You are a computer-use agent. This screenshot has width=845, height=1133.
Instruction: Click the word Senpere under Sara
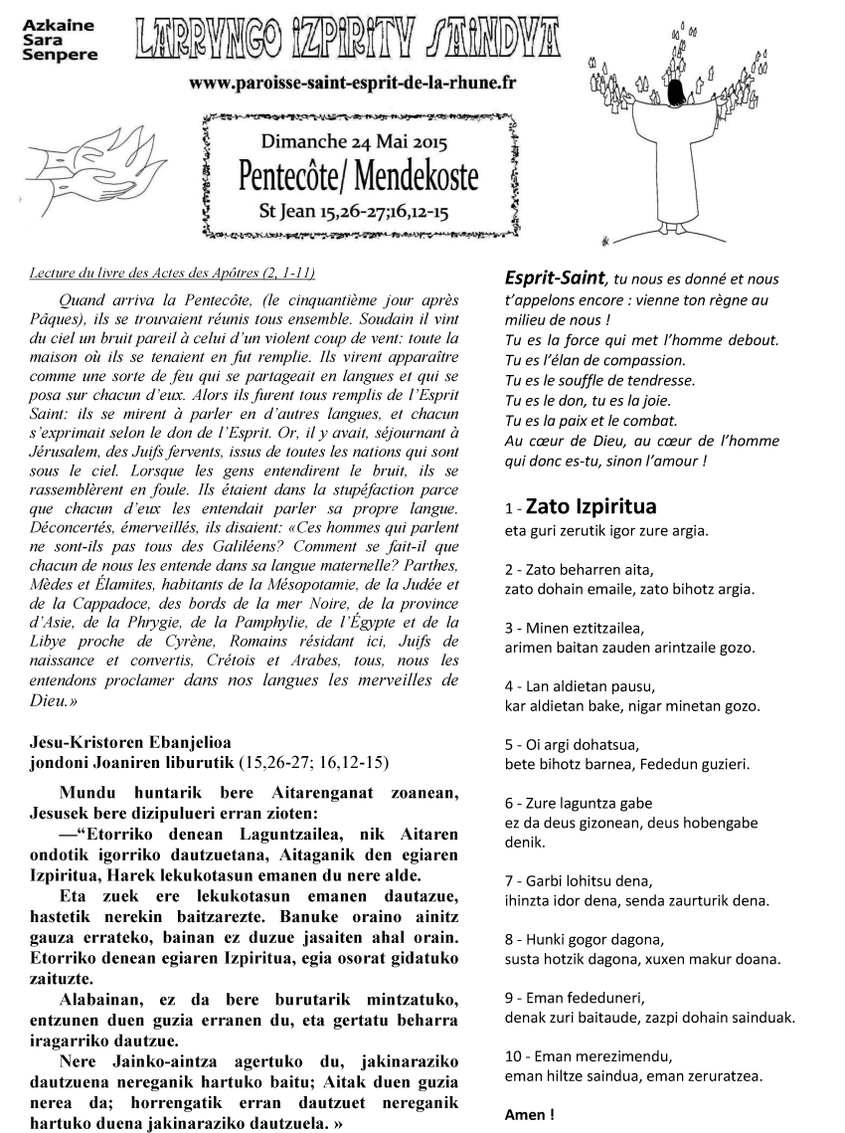60,55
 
